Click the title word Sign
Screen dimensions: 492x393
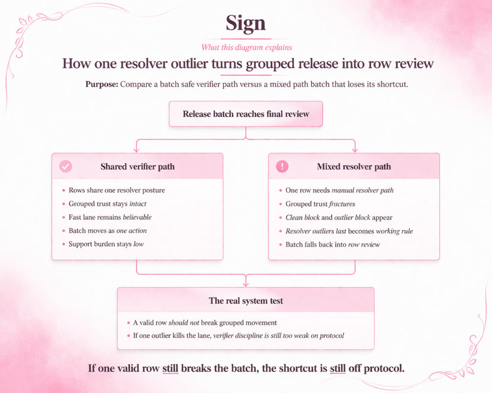pos(246,24)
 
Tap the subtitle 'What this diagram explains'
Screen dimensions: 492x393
pos(246,47)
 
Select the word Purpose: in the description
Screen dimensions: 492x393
pos(101,84)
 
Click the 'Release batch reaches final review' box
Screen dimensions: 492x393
pos(246,114)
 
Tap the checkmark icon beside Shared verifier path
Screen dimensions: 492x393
pos(66,167)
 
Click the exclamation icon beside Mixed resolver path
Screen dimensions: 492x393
pos(282,167)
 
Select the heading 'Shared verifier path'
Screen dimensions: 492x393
pos(137,167)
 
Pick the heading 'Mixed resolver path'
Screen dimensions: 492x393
pos(354,167)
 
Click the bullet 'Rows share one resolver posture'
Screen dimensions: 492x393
pos(116,190)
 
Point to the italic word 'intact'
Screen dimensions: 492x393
pos(138,204)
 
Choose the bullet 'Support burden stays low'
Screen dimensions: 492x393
pos(106,244)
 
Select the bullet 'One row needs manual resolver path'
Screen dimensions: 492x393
pos(339,190)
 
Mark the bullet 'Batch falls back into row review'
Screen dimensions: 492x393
pos(332,244)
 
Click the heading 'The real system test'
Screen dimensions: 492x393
pos(246,301)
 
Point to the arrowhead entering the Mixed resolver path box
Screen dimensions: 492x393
pos(354,149)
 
